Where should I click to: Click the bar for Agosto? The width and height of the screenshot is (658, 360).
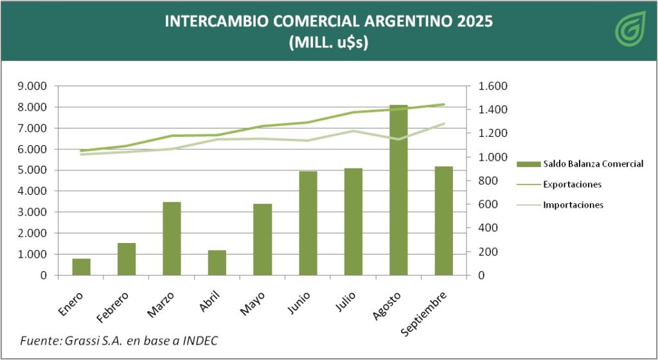[x=398, y=190]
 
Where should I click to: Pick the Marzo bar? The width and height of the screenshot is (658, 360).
[x=172, y=239]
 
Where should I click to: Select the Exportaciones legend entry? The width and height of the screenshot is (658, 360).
[x=572, y=184]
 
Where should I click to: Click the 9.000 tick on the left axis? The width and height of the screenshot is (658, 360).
[x=34, y=86]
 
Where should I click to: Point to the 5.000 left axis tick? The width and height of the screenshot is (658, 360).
[x=34, y=170]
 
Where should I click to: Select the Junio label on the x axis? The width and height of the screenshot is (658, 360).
[x=299, y=303]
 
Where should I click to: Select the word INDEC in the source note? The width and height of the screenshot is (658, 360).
[x=199, y=340]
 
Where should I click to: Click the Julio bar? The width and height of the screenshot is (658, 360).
[x=353, y=221]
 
